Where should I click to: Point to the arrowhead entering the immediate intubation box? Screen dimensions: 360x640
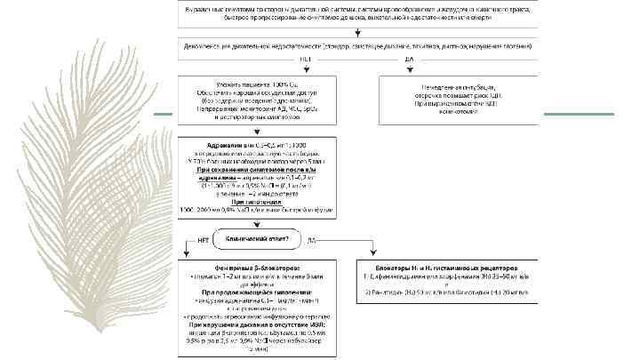click(x=458, y=72)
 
